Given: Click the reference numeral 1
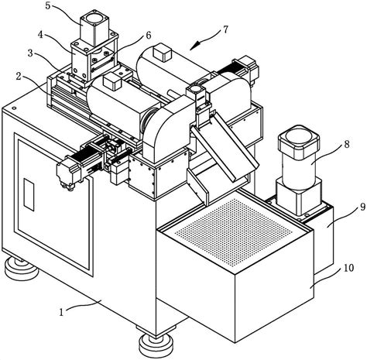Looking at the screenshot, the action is [61, 312].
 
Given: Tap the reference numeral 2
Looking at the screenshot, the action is [19, 77].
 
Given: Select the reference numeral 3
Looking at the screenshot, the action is [30, 53].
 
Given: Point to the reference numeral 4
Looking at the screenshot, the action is [40, 35].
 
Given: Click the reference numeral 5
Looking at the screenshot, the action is [48, 5].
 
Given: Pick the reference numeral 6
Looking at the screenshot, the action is [149, 36].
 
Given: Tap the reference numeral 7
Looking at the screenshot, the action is [226, 29].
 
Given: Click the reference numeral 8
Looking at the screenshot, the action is [347, 144].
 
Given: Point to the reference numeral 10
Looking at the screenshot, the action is [348, 268].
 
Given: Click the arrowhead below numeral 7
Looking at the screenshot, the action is [194, 46].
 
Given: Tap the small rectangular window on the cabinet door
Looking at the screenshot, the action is [29, 194].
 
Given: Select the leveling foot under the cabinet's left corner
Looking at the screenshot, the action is [21, 269].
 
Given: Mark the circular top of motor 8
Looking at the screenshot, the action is [299, 138].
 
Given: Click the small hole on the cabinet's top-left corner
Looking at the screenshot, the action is [14, 108].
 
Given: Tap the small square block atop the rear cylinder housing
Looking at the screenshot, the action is [162, 52].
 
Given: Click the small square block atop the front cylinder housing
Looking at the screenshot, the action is [112, 81].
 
